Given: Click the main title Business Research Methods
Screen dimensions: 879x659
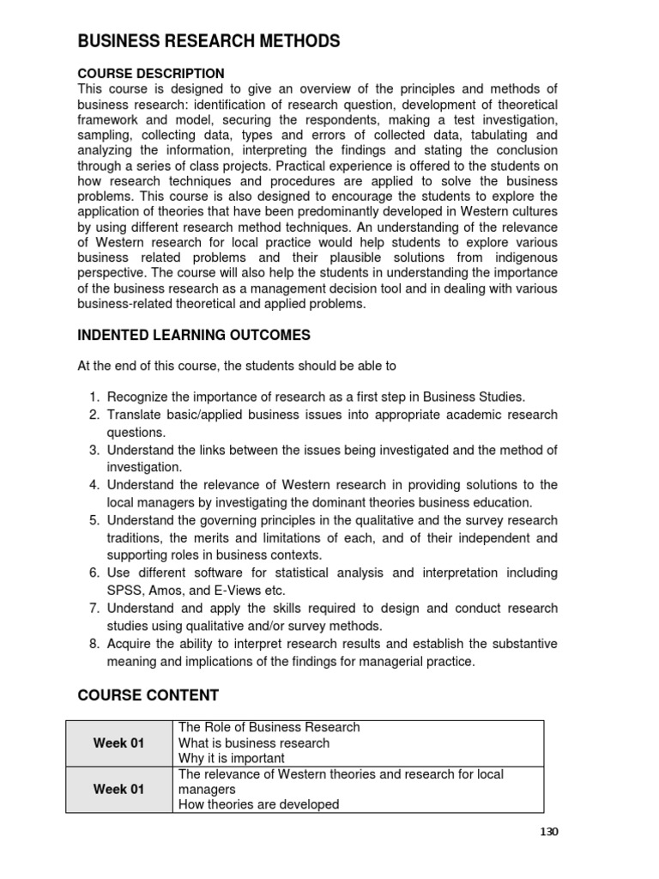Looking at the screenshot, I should [x=209, y=41].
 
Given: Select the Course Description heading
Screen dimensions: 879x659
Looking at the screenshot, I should [x=151, y=74].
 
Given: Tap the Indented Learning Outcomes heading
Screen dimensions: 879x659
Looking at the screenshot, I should [x=194, y=335].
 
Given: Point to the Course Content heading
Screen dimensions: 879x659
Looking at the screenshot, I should [x=148, y=694].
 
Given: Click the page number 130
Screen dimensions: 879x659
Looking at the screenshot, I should [x=549, y=831].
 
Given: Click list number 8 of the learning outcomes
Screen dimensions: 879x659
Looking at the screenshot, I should [x=94, y=644].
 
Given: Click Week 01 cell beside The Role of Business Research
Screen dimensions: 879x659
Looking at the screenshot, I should [x=118, y=743].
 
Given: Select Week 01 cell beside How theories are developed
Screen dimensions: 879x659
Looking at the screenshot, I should [x=118, y=790].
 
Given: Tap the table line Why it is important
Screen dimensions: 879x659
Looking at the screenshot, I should [x=232, y=759].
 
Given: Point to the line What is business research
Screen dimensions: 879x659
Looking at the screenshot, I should [x=254, y=743].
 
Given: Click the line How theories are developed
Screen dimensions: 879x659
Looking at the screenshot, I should [x=258, y=805].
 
